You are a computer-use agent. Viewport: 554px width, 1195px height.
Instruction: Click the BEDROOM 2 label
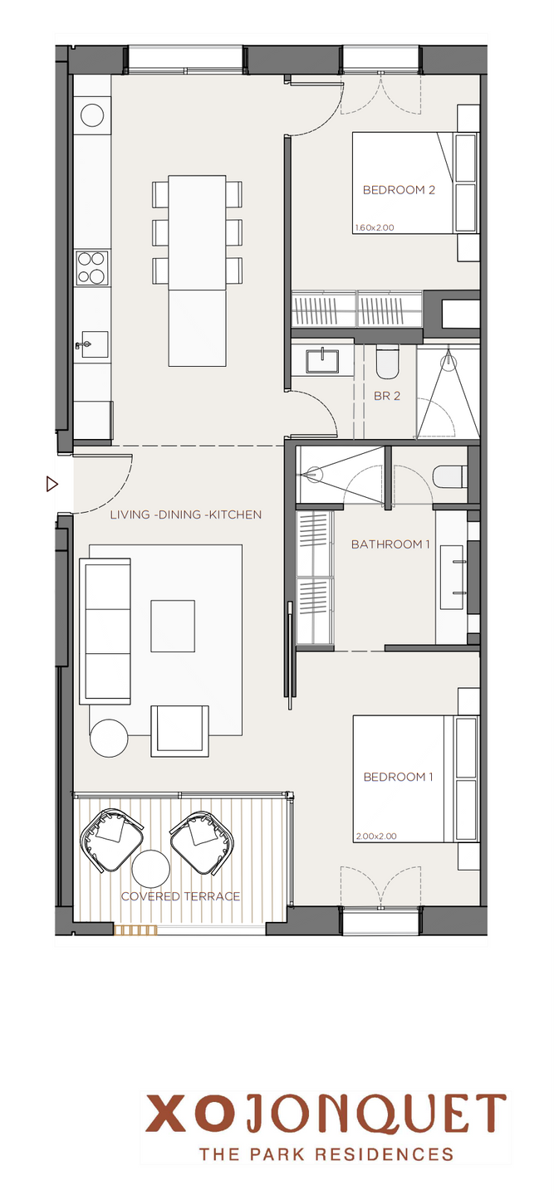tap(399, 190)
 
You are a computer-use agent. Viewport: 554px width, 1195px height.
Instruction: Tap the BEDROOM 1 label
tap(398, 777)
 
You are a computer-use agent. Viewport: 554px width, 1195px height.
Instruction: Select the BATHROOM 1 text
tap(390, 544)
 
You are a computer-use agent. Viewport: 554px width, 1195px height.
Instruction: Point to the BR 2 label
tap(387, 396)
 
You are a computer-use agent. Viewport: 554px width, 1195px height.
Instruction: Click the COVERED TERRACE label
tap(180, 896)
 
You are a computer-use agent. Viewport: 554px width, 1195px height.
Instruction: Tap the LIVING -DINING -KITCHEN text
tap(186, 515)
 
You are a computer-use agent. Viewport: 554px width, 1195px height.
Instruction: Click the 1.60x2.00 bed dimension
tap(375, 227)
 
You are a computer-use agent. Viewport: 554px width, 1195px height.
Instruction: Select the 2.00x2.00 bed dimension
tap(376, 836)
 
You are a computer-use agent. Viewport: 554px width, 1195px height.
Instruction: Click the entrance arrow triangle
tap(51, 484)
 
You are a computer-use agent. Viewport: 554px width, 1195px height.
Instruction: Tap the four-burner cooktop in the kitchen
tap(92, 268)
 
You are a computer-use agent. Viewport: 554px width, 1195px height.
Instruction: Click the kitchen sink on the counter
tap(92, 344)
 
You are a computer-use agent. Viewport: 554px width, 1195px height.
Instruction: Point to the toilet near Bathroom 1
tap(449, 477)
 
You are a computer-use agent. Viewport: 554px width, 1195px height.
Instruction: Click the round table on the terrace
tap(150, 868)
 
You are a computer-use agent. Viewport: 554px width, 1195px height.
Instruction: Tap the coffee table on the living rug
tap(173, 626)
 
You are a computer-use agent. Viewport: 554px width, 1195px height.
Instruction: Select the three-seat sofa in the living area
tap(105, 632)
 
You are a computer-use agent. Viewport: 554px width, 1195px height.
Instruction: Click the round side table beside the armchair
tap(109, 738)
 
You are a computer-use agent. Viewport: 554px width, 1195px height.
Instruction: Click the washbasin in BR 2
tap(322, 360)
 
